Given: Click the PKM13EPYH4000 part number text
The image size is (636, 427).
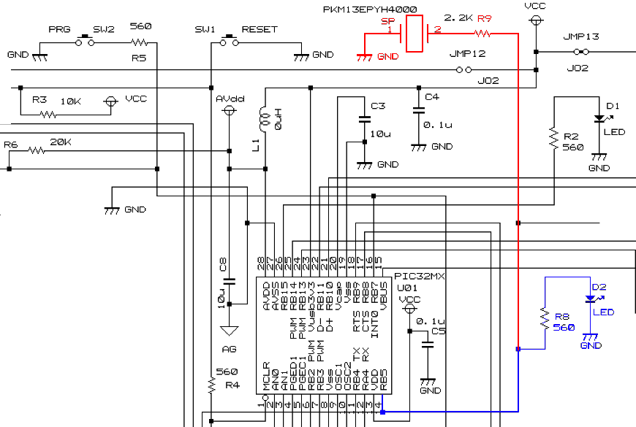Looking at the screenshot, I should [370, 9].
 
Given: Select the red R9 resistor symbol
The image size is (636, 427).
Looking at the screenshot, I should [482, 34].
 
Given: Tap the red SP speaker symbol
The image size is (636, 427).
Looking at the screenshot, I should [414, 34].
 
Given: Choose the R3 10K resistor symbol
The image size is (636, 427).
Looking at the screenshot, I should [48, 115].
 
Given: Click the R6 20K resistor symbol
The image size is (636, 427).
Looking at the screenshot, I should [38, 151].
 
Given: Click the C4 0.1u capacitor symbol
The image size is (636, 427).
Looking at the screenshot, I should [418, 110].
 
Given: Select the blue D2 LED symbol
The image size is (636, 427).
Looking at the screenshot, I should [591, 298].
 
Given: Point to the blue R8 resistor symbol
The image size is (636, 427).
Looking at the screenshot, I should [544, 318].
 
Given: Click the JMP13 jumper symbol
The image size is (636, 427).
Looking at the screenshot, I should [582, 52].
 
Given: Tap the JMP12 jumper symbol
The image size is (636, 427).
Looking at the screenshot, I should [463, 70].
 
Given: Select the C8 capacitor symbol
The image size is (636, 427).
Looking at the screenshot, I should [229, 280].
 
